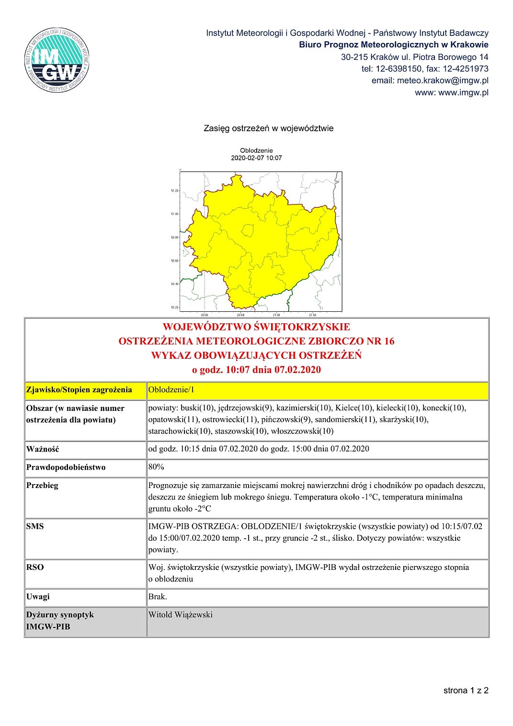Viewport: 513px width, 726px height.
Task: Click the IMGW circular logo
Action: click(57, 60)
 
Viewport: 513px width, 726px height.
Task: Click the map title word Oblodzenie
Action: click(256, 150)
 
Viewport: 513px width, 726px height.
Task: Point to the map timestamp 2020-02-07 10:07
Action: click(256, 158)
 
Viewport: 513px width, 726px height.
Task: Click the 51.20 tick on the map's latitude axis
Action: click(174, 191)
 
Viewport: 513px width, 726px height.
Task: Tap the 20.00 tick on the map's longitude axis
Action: click(205, 315)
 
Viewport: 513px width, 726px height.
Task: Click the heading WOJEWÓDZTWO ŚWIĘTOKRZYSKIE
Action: click(256, 327)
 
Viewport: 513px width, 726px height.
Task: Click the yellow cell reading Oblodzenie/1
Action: click(171, 389)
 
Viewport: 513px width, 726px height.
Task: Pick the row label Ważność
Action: click(43, 449)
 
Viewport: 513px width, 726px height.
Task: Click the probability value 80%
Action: click(156, 467)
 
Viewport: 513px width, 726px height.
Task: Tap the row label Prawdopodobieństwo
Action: click(66, 467)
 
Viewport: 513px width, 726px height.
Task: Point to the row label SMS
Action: click(35, 526)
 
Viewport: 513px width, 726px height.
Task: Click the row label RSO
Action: click(35, 567)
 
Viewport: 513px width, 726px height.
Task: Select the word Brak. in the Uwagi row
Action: click(158, 597)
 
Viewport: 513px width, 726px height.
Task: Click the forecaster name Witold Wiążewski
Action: click(181, 615)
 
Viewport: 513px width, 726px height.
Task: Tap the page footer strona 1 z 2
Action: click(466, 690)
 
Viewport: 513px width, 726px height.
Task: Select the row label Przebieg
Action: click(42, 486)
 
